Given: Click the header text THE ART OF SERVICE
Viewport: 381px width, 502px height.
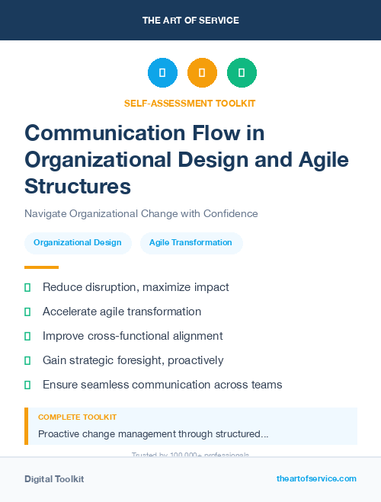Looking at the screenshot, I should tap(190, 21).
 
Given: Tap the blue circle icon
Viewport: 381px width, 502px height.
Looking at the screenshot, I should tap(162, 73).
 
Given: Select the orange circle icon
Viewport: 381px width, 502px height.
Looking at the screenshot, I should tap(202, 73).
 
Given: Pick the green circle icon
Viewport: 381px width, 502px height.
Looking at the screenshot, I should tap(242, 73).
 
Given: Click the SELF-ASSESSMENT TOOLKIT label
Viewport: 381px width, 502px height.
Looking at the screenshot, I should tap(190, 103).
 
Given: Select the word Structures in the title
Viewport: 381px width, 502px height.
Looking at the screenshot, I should tap(78, 187).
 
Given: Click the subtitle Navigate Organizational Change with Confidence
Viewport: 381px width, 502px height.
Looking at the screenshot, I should tap(141, 213).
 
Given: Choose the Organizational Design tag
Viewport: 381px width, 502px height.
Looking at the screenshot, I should tap(78, 243).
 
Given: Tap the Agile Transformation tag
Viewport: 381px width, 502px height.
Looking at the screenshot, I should tap(190, 243).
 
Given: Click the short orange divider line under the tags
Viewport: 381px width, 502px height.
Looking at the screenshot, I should tap(41, 267).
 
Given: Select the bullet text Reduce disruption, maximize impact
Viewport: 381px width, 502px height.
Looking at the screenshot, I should tap(136, 287).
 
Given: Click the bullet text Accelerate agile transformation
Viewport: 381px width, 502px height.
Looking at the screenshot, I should tap(122, 312).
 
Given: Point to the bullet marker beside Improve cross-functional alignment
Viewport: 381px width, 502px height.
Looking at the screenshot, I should tap(27, 336).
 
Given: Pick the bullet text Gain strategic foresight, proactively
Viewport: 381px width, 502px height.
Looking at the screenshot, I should tap(133, 360).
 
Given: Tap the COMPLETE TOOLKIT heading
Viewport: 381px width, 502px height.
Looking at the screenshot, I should tap(77, 417).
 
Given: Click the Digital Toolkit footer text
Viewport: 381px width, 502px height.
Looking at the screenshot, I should tap(54, 479).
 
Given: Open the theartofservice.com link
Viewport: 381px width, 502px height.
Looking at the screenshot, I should tap(316, 478).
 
